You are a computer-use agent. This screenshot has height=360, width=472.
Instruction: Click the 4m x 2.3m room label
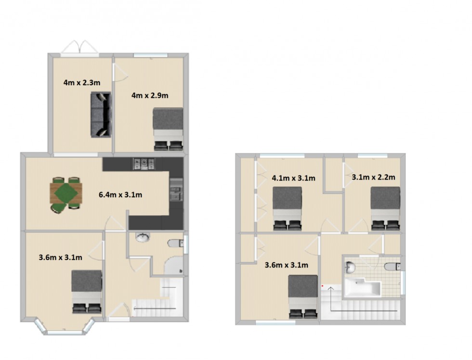[82, 83]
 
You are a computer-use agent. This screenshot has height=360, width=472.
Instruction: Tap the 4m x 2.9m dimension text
[150, 95]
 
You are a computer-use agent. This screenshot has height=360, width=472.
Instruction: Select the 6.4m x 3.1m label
[120, 195]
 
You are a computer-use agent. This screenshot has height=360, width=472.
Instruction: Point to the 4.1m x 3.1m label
[293, 178]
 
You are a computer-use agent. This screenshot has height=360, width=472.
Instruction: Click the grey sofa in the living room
[101, 115]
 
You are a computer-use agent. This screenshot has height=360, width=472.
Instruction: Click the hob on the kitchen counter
[144, 164]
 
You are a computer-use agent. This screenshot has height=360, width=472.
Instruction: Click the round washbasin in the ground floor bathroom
[143, 238]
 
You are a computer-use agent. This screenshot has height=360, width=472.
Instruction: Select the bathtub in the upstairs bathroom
[362, 287]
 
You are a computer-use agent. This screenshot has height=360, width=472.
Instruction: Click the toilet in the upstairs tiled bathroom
[393, 266]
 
